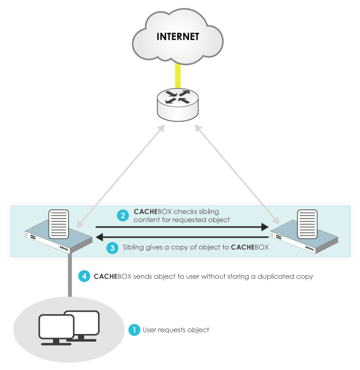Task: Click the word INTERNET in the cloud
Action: click(178, 37)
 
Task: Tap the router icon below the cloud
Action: click(178, 102)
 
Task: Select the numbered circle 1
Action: click(134, 330)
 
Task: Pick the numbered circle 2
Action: click(123, 215)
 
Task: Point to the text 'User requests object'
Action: click(176, 330)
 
